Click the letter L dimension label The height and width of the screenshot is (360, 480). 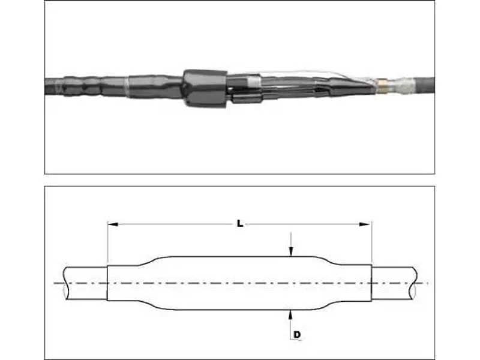[240, 224]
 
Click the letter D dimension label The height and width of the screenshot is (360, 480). [297, 335]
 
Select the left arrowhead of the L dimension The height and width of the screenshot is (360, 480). [113, 224]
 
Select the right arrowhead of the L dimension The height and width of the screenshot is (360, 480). [365, 224]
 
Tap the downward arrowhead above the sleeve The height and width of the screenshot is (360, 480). [291, 251]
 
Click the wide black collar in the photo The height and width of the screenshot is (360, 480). [205, 88]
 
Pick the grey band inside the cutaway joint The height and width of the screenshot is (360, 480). [254, 81]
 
